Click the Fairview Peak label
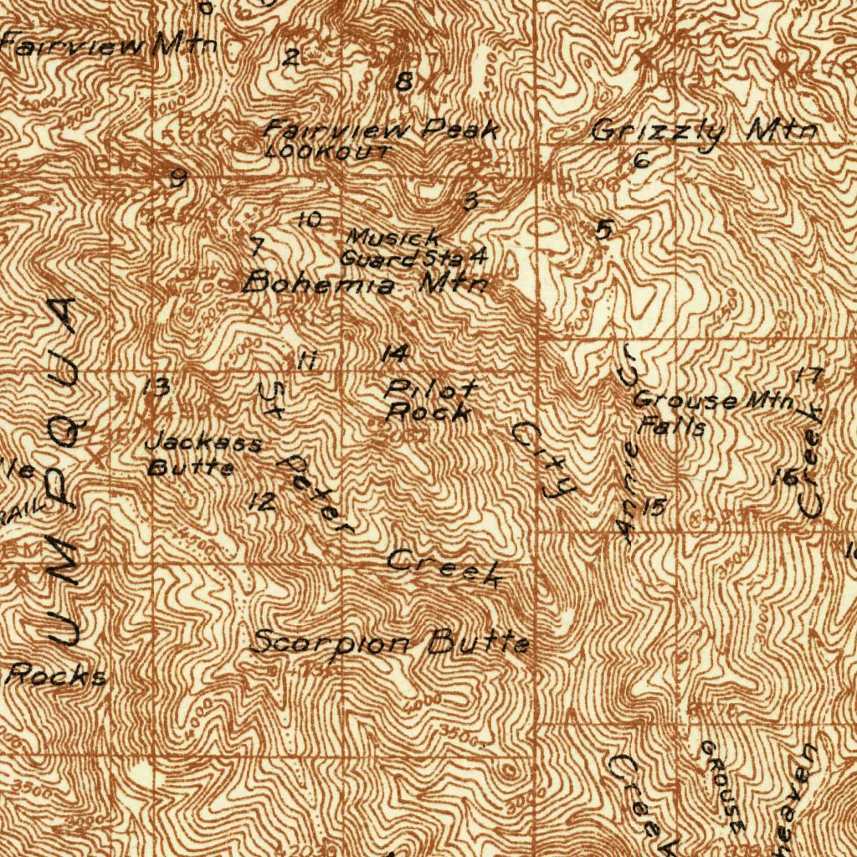tap(382, 130)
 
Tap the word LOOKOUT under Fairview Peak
tap(326, 152)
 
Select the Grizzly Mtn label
tap(703, 131)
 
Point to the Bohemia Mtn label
tap(365, 283)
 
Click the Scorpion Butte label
tap(390, 643)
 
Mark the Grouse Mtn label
tap(712, 401)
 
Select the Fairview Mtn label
tap(109, 45)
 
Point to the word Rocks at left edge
tap(57, 675)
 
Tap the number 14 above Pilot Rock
tap(394, 354)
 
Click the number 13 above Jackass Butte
tap(157, 387)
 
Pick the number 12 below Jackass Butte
tap(262, 502)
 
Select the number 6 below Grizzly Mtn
tap(641, 161)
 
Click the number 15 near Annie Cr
tap(654, 506)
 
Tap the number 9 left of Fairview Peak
tap(177, 178)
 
